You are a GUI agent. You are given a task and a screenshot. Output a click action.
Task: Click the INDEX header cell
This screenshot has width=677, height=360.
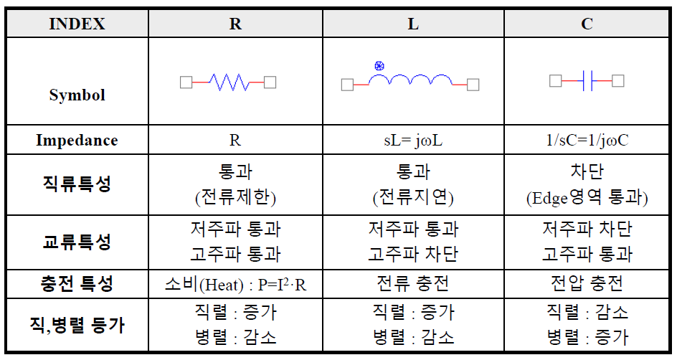click(x=77, y=24)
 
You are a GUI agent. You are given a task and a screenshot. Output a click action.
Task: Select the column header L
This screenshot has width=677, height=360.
click(x=413, y=24)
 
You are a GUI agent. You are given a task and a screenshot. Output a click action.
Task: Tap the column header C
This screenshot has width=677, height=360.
click(x=587, y=24)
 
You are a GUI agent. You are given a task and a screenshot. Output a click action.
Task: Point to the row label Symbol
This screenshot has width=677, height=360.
click(x=77, y=95)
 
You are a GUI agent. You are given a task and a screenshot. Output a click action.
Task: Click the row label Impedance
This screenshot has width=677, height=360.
click(x=77, y=141)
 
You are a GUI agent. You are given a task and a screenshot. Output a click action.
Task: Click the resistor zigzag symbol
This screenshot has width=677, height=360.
click(x=229, y=82)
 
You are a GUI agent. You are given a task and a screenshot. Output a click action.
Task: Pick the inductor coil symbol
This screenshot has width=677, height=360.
click(x=410, y=80)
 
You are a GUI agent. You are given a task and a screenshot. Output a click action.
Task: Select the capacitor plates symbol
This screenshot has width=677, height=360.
click(x=587, y=81)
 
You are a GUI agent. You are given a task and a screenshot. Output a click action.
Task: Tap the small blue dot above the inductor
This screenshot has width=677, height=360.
click(x=379, y=66)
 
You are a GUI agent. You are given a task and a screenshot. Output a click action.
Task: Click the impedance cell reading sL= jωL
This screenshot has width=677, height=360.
click(x=413, y=141)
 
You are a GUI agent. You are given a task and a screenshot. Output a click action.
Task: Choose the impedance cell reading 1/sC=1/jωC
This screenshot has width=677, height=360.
click(x=587, y=141)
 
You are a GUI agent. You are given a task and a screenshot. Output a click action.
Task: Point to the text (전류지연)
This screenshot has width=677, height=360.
click(x=413, y=197)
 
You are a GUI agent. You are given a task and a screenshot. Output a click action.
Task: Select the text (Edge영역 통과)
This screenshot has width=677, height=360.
click(x=587, y=197)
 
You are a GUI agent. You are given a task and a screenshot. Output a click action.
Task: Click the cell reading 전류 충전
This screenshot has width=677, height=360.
click(x=413, y=283)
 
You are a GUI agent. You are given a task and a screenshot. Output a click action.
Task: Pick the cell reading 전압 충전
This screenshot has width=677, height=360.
click(x=587, y=283)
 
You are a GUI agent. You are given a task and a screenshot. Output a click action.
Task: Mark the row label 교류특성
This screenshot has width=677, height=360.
click(x=77, y=241)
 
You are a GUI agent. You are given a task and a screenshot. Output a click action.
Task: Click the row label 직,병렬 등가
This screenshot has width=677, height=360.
click(x=77, y=325)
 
